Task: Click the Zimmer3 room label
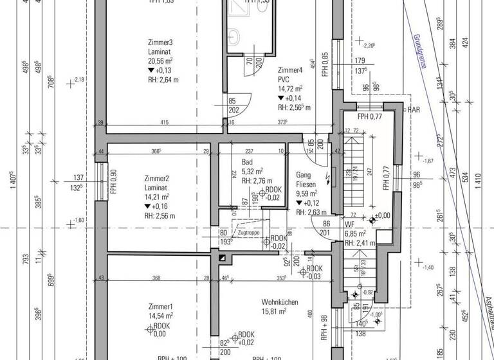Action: (x=160, y=43)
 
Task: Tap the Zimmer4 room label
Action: (x=290, y=69)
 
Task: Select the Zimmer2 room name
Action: (x=157, y=178)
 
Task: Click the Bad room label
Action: (x=248, y=162)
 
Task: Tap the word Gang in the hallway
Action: (x=304, y=175)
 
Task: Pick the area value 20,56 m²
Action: (x=160, y=60)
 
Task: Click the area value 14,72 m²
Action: (x=291, y=89)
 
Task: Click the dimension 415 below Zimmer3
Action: (x=165, y=122)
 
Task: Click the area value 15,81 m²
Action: (x=274, y=312)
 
